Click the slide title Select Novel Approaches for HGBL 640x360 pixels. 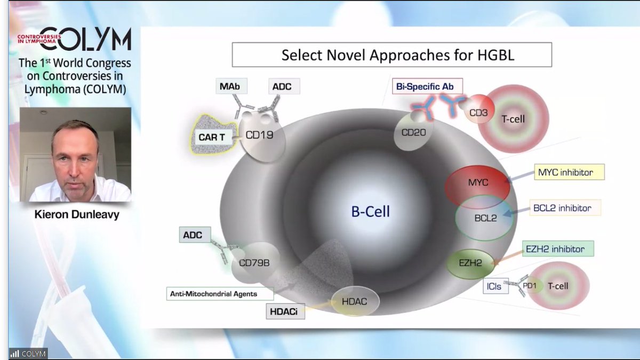[x=391, y=55]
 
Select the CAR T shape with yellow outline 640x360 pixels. [x=212, y=137]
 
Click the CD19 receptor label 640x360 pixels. [x=259, y=135]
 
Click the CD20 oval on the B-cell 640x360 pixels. [x=413, y=132]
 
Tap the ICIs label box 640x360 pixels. [x=494, y=286]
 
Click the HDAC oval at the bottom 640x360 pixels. [x=354, y=302]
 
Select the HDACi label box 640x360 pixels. [x=285, y=311]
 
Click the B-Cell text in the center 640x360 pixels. [x=371, y=212]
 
